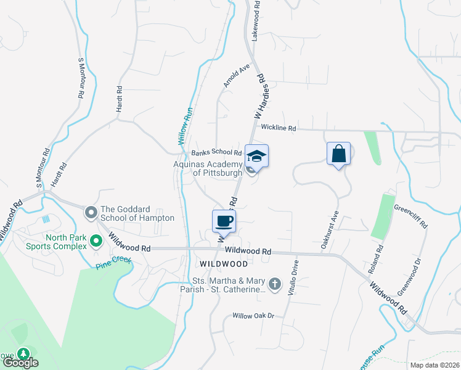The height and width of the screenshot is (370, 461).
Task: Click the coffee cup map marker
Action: [x=224, y=221]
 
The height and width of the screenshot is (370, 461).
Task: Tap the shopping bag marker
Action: [x=338, y=154]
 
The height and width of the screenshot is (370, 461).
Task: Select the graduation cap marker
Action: [x=256, y=155]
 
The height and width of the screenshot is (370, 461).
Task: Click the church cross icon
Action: [x=275, y=284]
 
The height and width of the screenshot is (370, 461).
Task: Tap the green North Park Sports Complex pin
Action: [x=96, y=240]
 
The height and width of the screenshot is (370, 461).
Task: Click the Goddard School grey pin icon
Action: [x=91, y=213]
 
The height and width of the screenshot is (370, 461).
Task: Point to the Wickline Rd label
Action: [x=279, y=128]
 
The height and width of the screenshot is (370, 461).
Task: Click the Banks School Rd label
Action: [x=216, y=152]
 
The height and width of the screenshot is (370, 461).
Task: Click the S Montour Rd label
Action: [x=81, y=78]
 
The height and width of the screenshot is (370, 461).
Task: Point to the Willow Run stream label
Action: [x=183, y=126]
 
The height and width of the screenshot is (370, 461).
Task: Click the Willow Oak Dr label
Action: [x=253, y=316]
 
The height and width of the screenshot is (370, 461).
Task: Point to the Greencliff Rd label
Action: [x=410, y=216]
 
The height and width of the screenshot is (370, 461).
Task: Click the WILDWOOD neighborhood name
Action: [x=215, y=264]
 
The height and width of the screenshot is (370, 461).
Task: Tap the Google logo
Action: [x=20, y=363]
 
